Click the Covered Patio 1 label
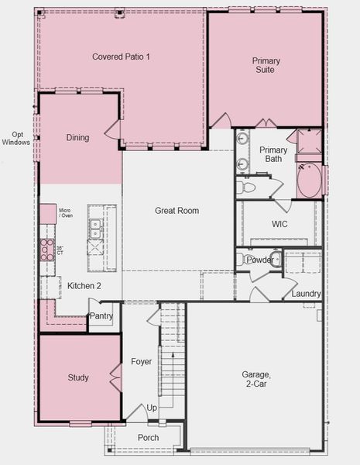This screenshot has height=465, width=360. (121, 57)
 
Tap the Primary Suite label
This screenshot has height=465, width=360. (266, 65)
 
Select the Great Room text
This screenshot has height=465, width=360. (177, 211)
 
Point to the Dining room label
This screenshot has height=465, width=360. (77, 138)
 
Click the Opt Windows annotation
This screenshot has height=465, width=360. (16, 139)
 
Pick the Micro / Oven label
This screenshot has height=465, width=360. (65, 213)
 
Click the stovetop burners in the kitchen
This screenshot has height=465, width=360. (47, 250)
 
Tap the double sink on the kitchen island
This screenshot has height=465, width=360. (95, 229)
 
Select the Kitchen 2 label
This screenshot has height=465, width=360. (84, 286)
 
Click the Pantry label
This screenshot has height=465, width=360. (101, 316)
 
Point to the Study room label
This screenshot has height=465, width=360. (78, 377)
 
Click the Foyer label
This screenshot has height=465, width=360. (142, 361)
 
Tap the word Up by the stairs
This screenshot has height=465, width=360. (152, 408)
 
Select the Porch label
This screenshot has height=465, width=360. (148, 437)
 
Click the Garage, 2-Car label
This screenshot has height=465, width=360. (256, 379)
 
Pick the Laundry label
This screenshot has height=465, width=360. (306, 294)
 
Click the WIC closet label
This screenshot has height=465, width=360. (279, 224)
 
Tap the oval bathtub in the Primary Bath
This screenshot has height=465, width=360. (309, 181)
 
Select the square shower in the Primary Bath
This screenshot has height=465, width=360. (310, 141)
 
